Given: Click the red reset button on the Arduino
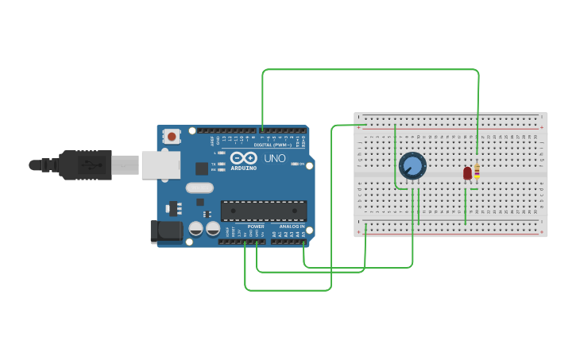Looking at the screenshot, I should (x=172, y=137).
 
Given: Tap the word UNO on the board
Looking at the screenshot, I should (x=274, y=159).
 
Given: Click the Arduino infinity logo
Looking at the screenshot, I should (x=242, y=158).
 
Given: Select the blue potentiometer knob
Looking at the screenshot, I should (x=412, y=166).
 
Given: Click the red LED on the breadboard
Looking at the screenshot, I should (x=467, y=172).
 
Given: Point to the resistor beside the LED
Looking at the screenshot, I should (x=476, y=172).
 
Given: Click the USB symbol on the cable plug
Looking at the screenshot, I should (x=89, y=165).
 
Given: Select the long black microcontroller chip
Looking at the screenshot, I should (x=264, y=211).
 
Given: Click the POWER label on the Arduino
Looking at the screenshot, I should (x=256, y=226).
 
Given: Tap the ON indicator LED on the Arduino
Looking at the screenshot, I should (x=295, y=164).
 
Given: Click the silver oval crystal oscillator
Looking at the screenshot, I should (x=200, y=188).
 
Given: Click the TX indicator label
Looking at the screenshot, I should (x=215, y=163).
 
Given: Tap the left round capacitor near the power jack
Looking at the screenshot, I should (x=195, y=229).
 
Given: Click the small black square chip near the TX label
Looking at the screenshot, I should (x=202, y=168).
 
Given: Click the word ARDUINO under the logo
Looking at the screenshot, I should (x=243, y=168).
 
